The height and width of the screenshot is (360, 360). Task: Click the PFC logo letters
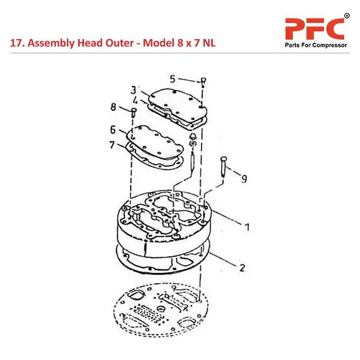coord(314,29)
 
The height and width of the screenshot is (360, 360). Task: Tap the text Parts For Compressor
coord(316,45)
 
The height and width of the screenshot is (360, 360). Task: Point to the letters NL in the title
coord(209,43)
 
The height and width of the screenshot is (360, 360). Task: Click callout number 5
coord(173,79)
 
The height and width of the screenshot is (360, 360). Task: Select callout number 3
coord(133,90)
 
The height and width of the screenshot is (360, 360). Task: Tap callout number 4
coord(135,100)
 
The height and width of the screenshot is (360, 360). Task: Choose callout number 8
coord(113,107)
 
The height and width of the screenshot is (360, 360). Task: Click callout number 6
coord(113,130)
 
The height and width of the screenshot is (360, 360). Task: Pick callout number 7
coord(112,145)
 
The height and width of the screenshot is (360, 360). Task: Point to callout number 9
coord(244,179)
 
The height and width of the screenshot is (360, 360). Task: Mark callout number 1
coord(247,227)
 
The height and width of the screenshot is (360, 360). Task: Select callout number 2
coord(242,268)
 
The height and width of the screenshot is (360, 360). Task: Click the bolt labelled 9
coord(224,166)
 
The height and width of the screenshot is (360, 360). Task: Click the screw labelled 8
coord(134,113)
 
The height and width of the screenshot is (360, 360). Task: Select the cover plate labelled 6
coord(155,142)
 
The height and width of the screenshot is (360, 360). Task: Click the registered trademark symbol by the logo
coord(347,16)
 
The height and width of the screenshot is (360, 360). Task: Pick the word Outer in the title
coord(119,43)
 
